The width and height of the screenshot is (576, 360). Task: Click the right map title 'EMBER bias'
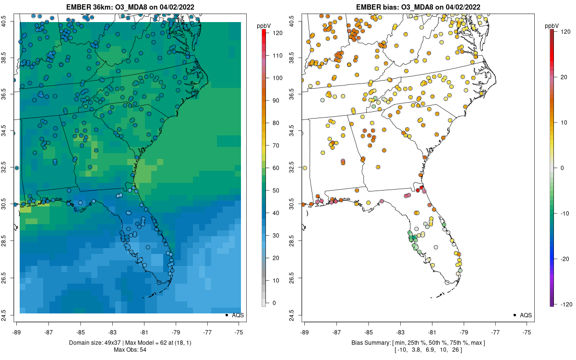pos(377,7)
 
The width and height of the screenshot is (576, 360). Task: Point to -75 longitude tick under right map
pos(527,331)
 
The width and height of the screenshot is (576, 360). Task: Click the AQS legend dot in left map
pos(226,315)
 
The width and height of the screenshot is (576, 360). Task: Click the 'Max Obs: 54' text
pos(130,349)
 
